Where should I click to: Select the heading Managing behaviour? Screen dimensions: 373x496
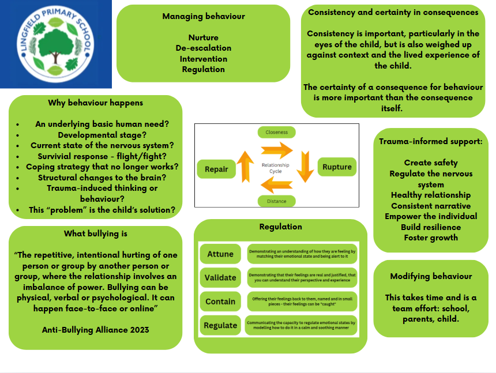point(203,16)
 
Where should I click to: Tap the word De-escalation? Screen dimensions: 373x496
point(203,48)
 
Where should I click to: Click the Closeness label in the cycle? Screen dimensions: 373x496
point(276,132)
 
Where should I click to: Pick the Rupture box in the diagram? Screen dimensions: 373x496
point(337,168)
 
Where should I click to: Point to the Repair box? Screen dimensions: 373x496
point(216,169)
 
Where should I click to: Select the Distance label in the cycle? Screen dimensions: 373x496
point(276,201)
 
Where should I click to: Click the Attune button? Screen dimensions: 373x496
point(220,254)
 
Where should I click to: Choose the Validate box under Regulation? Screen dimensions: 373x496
point(220,277)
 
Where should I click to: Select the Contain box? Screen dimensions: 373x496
point(220,301)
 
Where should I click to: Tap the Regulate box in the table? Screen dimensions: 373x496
point(220,325)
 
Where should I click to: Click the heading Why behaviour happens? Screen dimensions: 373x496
point(96,103)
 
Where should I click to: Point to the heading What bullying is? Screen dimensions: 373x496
point(96,233)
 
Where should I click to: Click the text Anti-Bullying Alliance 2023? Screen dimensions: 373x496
point(96,330)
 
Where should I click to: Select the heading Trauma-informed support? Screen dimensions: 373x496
point(431,141)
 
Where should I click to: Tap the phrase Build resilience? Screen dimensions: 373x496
point(431,227)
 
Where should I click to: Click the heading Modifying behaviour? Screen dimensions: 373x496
point(431,276)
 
